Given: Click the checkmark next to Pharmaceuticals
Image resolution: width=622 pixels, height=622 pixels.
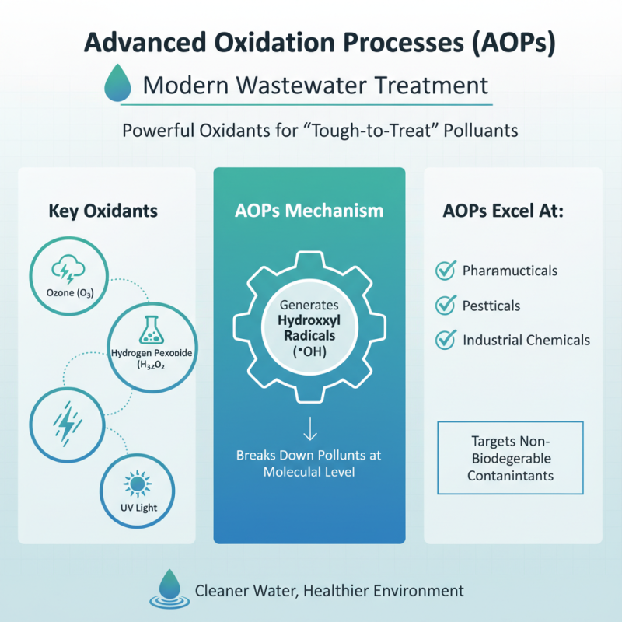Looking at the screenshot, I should click(445, 271).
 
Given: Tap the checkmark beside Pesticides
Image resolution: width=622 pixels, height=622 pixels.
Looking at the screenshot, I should click(445, 306).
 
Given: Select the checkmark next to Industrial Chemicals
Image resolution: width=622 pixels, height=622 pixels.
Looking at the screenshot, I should click(445, 340).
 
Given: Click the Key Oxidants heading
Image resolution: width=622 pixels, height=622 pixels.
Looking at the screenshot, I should click(103, 211).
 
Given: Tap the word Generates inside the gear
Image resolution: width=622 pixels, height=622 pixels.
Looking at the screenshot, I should click(309, 304).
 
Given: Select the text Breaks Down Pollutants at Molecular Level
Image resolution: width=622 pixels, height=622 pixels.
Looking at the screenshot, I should click(309, 463).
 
